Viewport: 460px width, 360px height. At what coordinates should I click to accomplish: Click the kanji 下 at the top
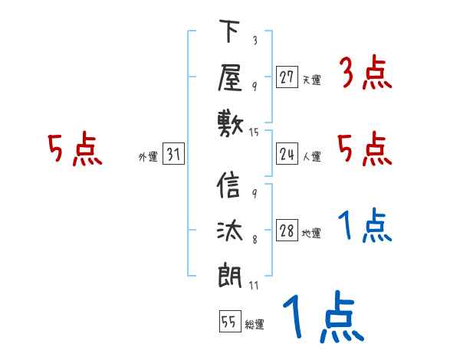coord(229,33)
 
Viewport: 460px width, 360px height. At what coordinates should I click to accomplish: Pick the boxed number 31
coord(173,155)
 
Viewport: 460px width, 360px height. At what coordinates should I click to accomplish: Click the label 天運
coord(311,80)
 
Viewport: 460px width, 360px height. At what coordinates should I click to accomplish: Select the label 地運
coord(311,234)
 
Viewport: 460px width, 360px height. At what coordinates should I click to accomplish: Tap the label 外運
coord(147,157)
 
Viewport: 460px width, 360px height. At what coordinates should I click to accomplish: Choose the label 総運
coord(255,324)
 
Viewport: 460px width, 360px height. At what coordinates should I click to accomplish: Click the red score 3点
coord(365,74)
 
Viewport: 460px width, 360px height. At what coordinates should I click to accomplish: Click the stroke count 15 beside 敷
coord(255,133)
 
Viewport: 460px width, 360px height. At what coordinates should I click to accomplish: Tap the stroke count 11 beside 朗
coord(255,286)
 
